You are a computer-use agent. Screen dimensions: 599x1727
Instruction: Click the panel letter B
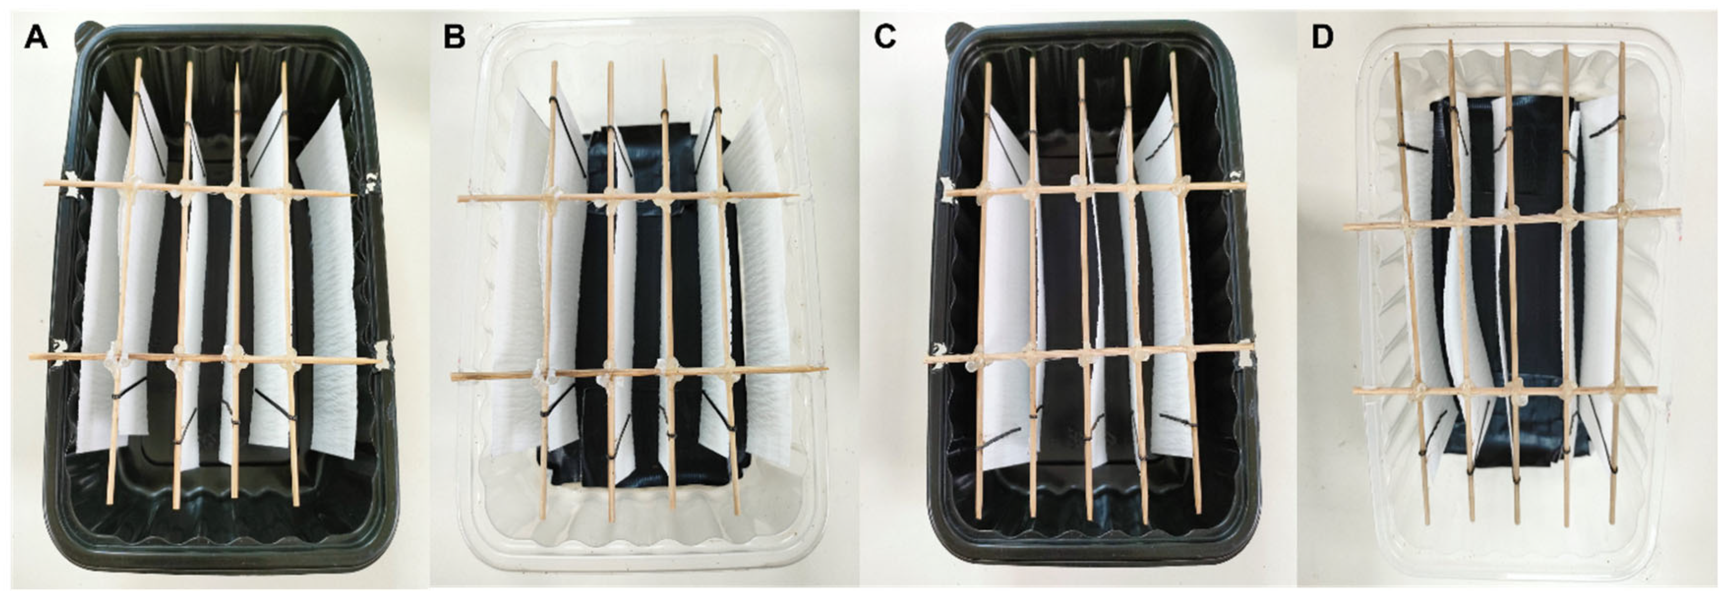[454, 38]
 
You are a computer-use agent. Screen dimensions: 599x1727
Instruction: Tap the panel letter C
[885, 38]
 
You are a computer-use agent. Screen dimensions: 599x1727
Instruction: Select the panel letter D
[1322, 38]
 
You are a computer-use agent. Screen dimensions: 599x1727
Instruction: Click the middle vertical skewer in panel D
[1511, 302]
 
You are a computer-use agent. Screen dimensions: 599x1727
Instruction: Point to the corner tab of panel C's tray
[955, 30]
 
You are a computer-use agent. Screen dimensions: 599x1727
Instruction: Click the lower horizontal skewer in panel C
[1086, 352]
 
